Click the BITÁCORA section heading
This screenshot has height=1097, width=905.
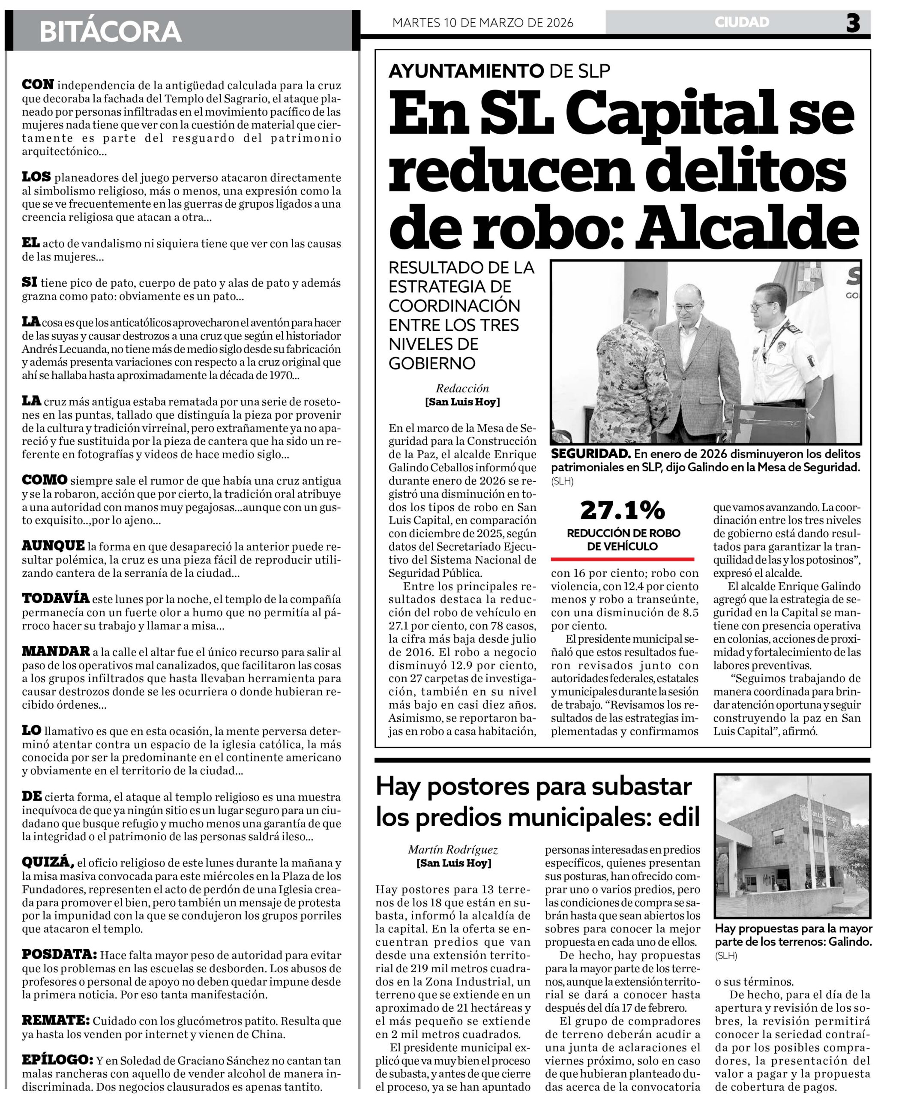click(x=110, y=32)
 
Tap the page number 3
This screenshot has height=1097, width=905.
click(x=853, y=23)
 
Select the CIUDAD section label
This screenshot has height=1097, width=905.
click(x=742, y=22)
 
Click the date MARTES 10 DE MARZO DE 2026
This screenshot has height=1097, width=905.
click(x=483, y=23)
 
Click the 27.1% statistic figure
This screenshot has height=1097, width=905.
click(x=623, y=510)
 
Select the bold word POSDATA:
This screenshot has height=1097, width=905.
click(x=59, y=955)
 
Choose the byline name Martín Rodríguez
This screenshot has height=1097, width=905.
click(x=453, y=850)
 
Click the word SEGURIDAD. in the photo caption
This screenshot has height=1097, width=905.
click(x=590, y=454)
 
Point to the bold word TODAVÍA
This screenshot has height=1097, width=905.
click(x=55, y=598)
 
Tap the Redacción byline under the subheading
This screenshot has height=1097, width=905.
click(x=462, y=388)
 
